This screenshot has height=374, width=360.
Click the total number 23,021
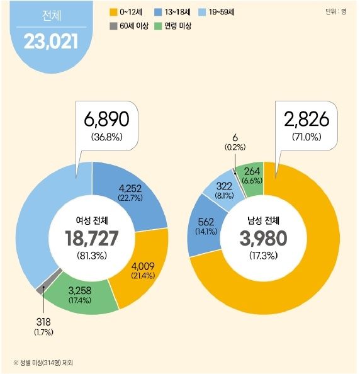click(x=51, y=42)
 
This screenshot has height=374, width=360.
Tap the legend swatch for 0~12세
click(x=114, y=12)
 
